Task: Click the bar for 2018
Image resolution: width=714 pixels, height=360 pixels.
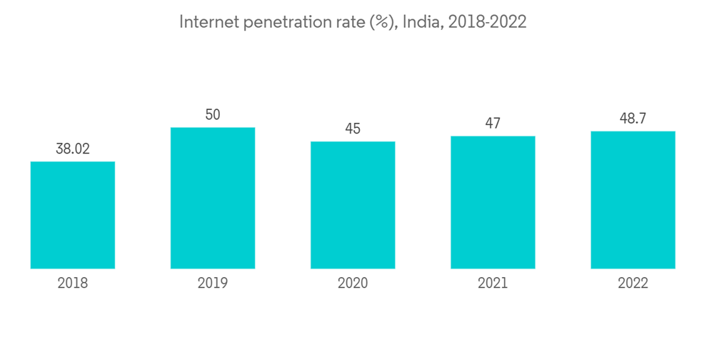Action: pos(73,215)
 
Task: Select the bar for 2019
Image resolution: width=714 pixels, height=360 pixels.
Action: pos(213,198)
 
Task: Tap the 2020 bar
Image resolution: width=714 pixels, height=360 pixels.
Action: pos(353,205)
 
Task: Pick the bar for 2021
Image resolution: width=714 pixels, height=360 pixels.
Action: pos(493,202)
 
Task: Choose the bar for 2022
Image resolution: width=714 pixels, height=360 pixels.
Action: pos(633,200)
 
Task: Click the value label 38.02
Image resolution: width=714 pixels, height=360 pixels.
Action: pos(73,149)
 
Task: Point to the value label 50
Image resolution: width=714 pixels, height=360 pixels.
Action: pos(213,114)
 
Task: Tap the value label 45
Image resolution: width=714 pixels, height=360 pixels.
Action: pos(353,129)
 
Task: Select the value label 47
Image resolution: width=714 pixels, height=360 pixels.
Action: pos(493,123)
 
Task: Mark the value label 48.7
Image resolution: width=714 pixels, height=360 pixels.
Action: pos(633,119)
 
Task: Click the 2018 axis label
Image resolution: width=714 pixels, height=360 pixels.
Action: pos(73,284)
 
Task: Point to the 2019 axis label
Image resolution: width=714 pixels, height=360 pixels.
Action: pos(213,284)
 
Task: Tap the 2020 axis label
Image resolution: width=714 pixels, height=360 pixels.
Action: pos(353,284)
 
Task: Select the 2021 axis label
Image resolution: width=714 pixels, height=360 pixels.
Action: pos(493,284)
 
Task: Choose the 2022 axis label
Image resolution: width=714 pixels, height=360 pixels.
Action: pos(633,284)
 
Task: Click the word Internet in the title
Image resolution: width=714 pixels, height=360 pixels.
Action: pos(208,22)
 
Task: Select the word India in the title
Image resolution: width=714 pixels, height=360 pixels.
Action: pos(421,22)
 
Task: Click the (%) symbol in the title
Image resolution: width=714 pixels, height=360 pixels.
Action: pos(382,22)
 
